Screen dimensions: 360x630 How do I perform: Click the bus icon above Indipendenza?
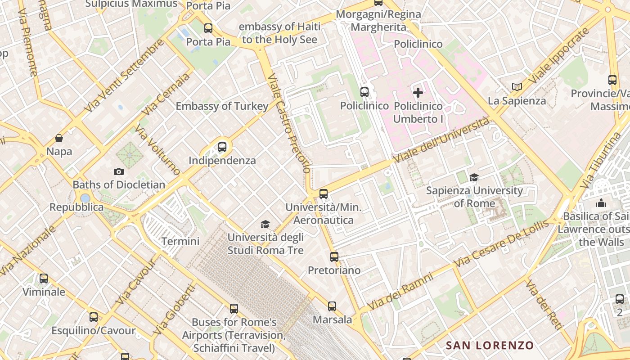222,147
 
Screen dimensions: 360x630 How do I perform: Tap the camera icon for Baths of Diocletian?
119,171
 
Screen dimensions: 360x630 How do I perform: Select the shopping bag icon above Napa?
59,138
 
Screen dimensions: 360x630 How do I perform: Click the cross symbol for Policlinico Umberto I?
418,93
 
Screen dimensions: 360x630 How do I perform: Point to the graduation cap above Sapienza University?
474,177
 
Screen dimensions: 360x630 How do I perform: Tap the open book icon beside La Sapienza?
517,87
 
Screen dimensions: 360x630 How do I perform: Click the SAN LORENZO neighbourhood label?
490,346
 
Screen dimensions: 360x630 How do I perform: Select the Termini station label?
180,241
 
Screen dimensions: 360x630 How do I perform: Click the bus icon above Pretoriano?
334,257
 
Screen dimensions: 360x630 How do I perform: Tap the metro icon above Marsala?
332,306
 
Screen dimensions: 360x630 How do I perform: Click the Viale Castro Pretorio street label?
288,124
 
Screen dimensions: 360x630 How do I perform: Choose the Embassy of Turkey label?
222,106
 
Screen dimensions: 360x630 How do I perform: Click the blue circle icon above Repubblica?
85,198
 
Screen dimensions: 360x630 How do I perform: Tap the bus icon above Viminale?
44,279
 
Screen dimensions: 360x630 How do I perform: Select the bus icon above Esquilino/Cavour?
93,317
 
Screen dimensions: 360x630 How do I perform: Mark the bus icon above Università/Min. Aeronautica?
323,194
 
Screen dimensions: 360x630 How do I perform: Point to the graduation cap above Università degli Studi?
265,224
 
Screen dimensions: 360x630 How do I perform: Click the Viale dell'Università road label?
441,140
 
